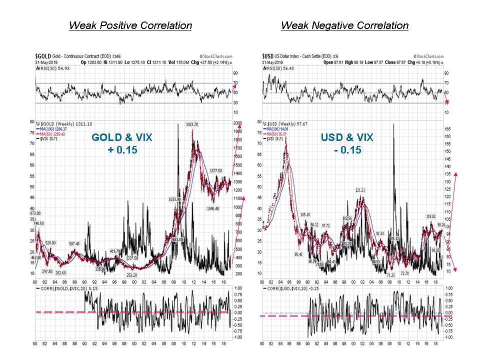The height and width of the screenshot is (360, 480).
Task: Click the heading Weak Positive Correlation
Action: [130, 25]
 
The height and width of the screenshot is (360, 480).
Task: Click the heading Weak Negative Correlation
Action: [344, 25]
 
